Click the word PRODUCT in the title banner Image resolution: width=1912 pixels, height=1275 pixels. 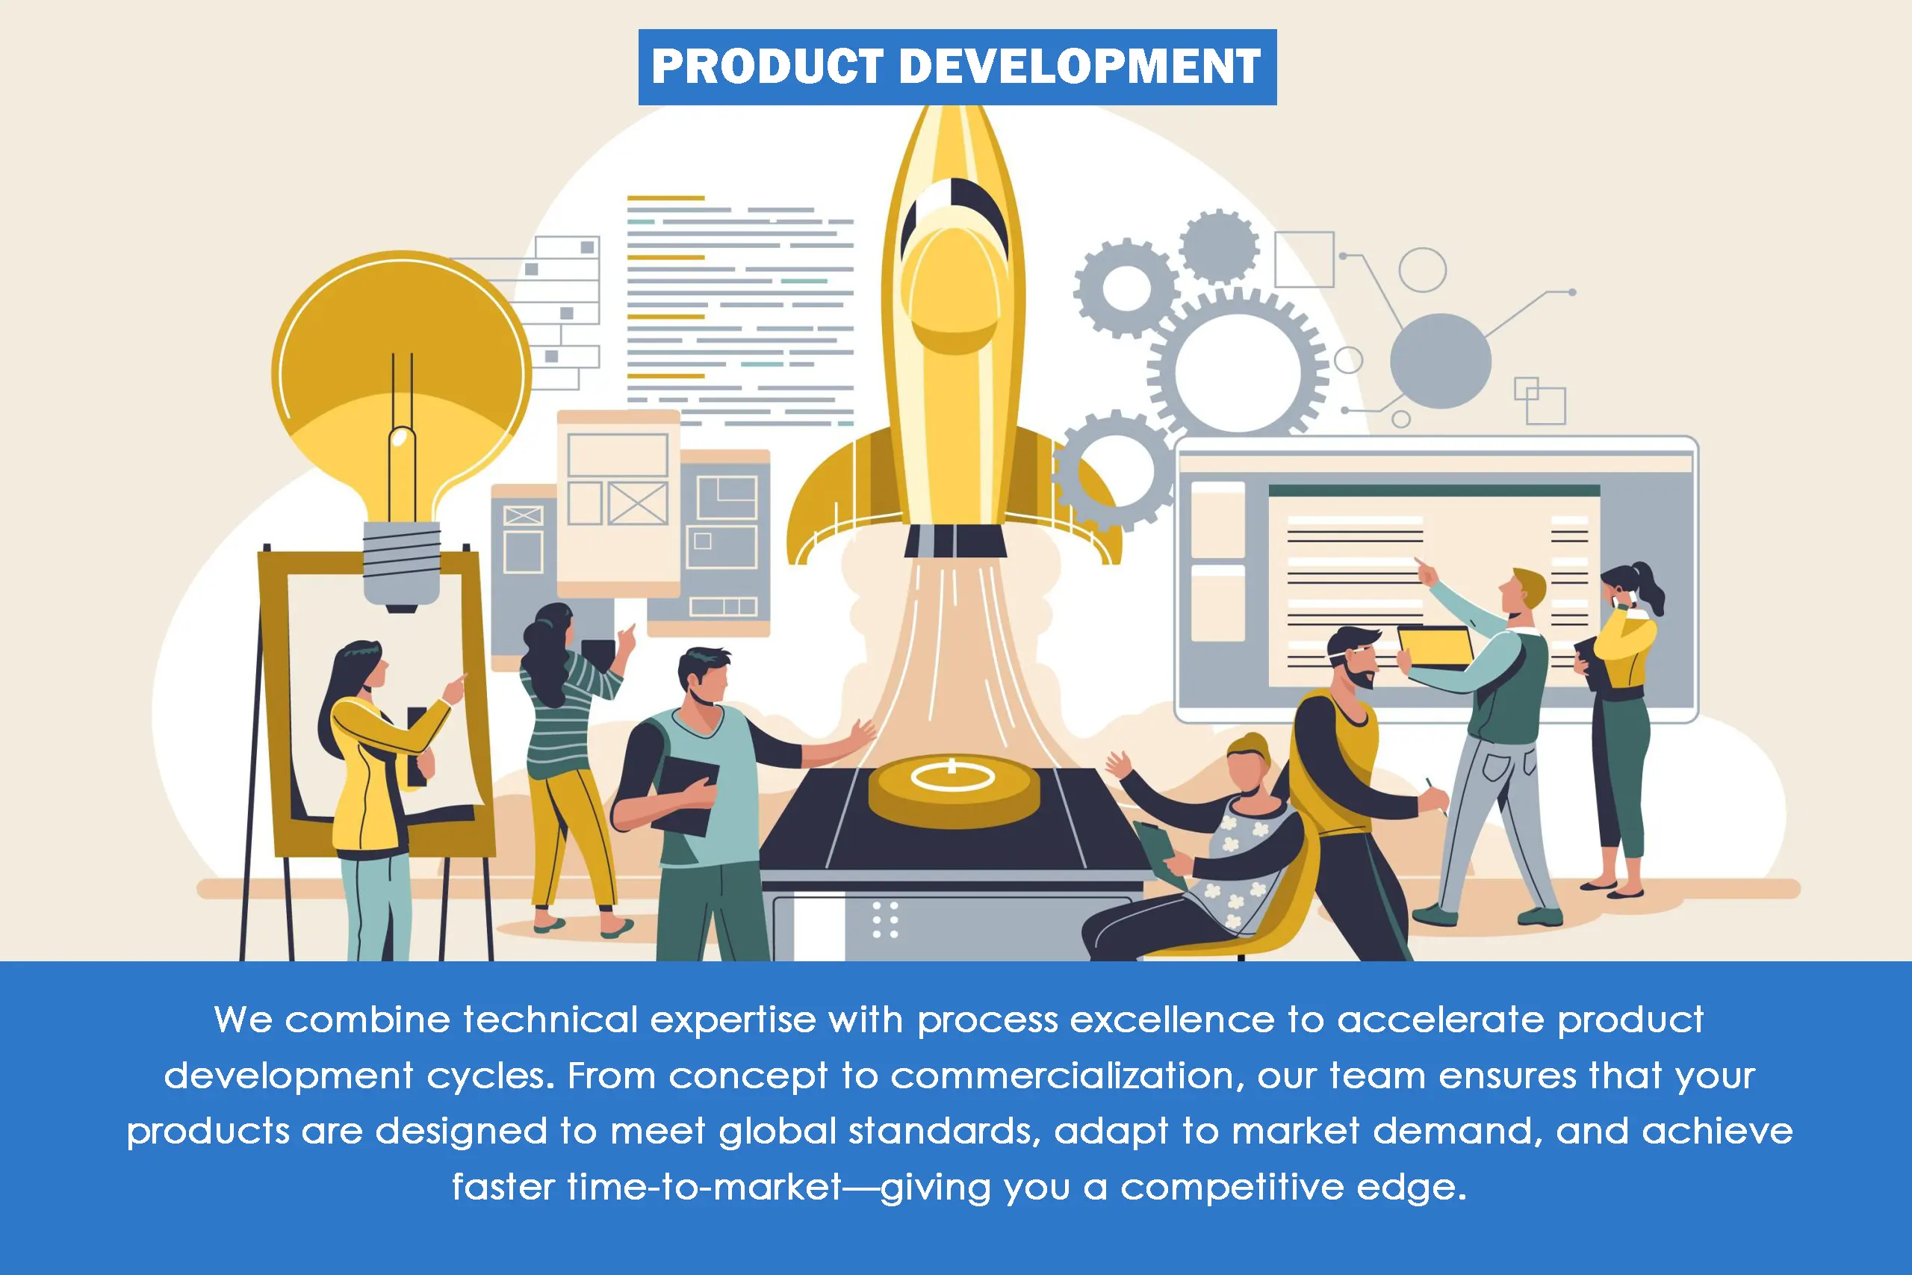click(x=766, y=66)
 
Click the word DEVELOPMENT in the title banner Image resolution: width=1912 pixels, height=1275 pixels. click(x=1081, y=66)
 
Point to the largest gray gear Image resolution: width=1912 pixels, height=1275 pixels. click(x=1238, y=372)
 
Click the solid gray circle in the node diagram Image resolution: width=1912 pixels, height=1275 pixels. click(x=1441, y=361)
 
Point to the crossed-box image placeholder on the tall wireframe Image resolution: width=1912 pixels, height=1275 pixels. click(x=638, y=503)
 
